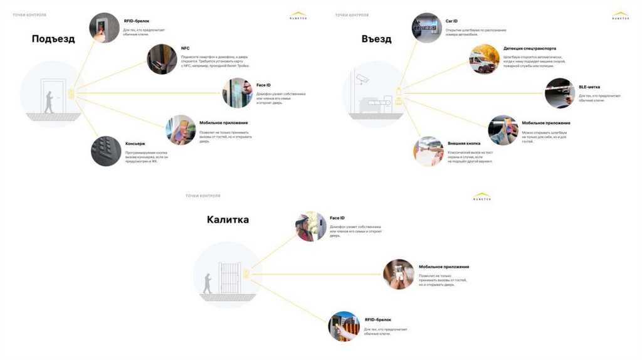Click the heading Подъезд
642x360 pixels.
click(x=53, y=39)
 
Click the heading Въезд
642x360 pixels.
click(x=376, y=39)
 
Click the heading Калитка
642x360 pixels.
click(x=228, y=220)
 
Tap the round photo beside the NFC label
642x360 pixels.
click(x=162, y=59)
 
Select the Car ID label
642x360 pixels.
click(x=451, y=21)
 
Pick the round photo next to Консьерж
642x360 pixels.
click(x=106, y=151)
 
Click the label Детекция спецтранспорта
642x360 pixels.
click(x=529, y=48)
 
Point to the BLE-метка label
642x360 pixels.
click(x=590, y=87)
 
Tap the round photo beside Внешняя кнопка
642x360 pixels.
click(x=428, y=151)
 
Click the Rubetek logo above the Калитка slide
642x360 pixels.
click(x=482, y=197)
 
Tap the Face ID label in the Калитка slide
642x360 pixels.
click(x=337, y=218)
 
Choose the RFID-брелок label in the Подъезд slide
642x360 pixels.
click(x=137, y=21)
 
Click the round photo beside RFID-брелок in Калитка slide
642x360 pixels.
click(x=344, y=326)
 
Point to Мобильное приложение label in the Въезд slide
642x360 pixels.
click(x=546, y=123)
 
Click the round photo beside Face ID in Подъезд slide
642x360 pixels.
click(x=237, y=93)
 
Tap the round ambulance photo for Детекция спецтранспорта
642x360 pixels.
click(x=485, y=59)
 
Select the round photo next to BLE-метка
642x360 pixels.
click(x=560, y=93)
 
